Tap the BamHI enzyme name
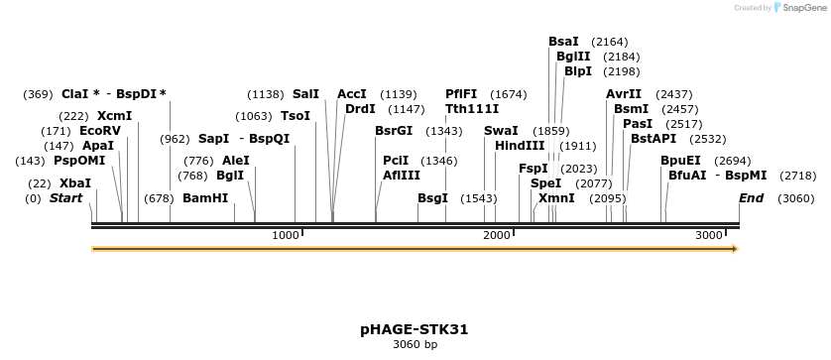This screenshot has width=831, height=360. (205, 197)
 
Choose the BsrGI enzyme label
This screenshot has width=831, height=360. (394, 130)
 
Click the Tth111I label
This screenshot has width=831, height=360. (472, 108)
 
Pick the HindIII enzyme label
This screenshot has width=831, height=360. (520, 145)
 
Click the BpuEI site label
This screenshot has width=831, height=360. (680, 160)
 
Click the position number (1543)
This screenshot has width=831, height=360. (478, 197)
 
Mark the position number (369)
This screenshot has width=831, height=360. (38, 94)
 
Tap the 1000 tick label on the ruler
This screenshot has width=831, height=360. (286, 235)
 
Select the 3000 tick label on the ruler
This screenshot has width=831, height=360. (709, 235)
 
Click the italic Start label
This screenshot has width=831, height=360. (65, 197)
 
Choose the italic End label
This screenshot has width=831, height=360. (751, 197)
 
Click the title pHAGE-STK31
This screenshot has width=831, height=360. (415, 328)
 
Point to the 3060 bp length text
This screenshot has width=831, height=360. (415, 345)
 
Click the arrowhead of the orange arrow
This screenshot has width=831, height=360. (735, 249)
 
